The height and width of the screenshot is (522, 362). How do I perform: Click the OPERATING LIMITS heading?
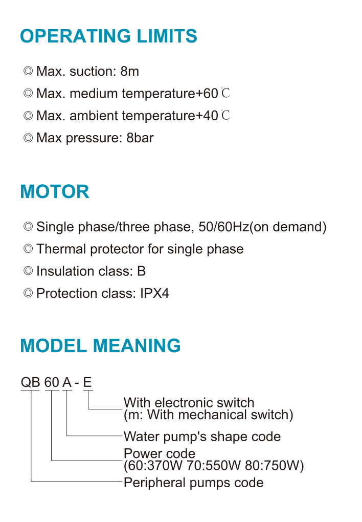click(x=108, y=36)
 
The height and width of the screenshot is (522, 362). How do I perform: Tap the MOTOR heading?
click(x=55, y=192)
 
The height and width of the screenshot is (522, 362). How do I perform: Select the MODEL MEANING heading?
click(x=100, y=345)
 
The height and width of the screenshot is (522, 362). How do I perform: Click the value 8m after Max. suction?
click(x=129, y=71)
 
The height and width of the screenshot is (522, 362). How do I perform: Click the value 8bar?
click(x=140, y=138)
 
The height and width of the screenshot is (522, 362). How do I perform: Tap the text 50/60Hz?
click(x=223, y=227)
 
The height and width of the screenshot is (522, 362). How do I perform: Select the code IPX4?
click(x=154, y=293)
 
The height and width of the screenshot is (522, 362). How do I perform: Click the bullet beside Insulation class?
click(x=28, y=271)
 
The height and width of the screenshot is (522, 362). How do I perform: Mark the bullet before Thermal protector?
click(x=28, y=249)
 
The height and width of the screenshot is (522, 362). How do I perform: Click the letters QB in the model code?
click(x=30, y=382)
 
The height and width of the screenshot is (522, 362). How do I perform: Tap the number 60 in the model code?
click(x=52, y=382)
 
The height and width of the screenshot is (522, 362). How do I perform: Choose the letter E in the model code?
click(x=87, y=382)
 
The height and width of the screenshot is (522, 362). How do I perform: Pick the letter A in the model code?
click(x=67, y=382)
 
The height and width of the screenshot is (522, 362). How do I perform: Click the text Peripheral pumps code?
click(x=193, y=483)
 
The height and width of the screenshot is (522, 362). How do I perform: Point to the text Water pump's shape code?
click(x=202, y=437)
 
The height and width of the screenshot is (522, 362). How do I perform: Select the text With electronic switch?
click(x=189, y=402)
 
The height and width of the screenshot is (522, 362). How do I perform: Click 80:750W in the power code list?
click(x=272, y=465)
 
